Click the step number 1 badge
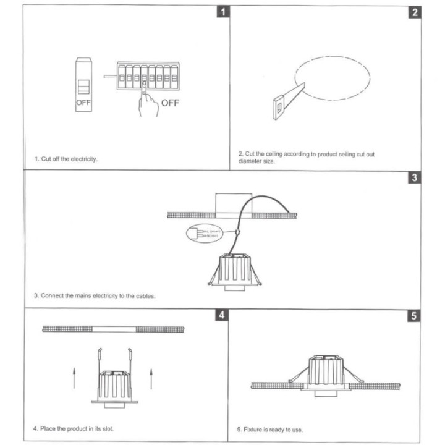[223, 12]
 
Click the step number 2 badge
[415, 12]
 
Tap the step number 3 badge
[415, 177]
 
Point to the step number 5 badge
[415, 315]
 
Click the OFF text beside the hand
[170, 103]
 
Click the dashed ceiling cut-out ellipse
[333, 78]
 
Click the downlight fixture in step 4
[114, 383]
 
